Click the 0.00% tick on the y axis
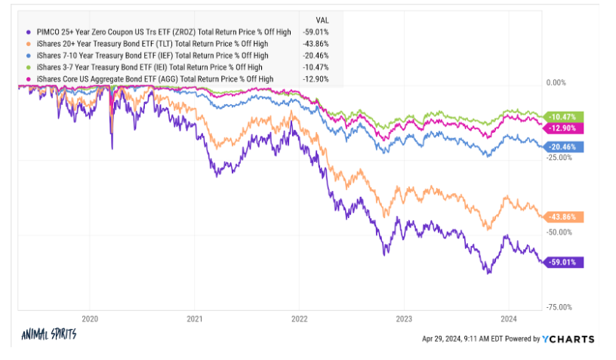[x=555, y=82]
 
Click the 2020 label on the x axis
[x=90, y=318]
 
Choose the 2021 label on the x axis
[x=195, y=318]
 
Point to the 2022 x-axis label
[x=300, y=318]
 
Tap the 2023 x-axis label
[x=404, y=318]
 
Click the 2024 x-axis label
[x=509, y=318]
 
